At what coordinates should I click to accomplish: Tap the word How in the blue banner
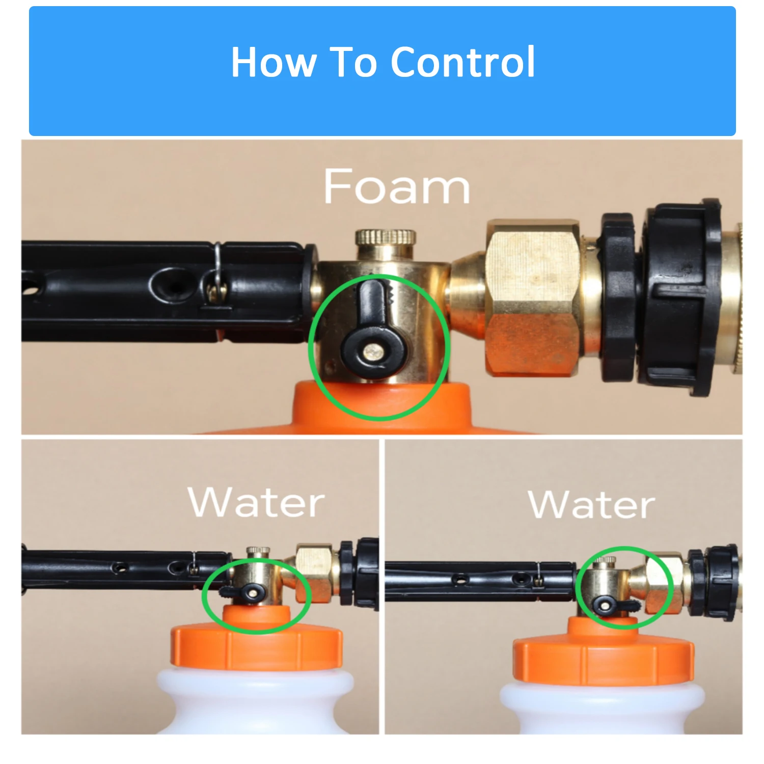(274, 62)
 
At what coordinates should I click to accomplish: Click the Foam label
(396, 187)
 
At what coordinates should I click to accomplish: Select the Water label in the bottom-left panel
(256, 502)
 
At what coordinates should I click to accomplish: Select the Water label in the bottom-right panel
(591, 505)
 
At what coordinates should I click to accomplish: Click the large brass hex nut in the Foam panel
(532, 298)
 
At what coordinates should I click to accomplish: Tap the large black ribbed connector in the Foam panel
(680, 298)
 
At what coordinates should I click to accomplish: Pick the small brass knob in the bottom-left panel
(258, 551)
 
